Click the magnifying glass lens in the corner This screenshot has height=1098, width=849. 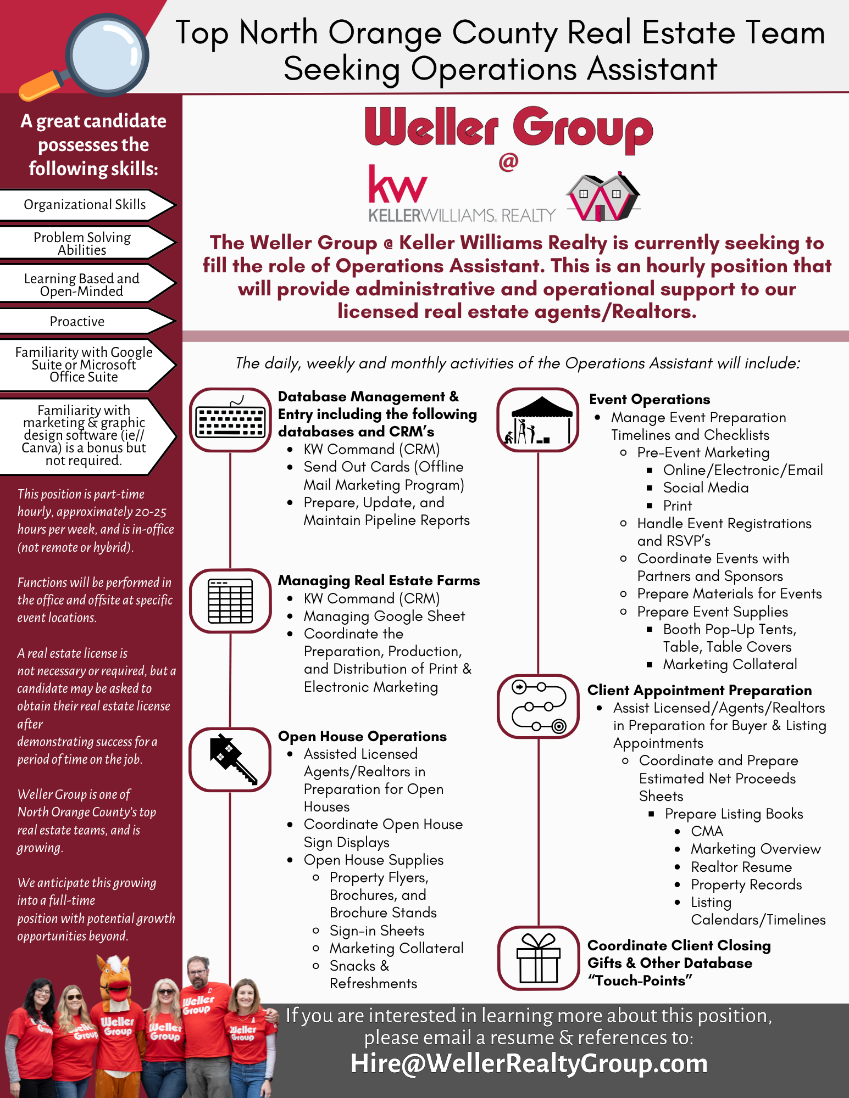[108, 55]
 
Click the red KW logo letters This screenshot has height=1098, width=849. [397, 184]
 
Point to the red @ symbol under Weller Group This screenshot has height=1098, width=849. [508, 161]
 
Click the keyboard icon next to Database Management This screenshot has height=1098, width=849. [230, 421]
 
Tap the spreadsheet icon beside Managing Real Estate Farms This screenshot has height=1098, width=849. [230, 601]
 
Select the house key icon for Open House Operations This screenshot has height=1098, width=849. [230, 760]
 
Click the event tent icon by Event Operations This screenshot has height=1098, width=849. [537, 421]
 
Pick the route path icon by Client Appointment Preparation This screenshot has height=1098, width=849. [537, 707]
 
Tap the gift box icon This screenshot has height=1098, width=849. [538, 958]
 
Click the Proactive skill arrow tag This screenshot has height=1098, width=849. [82, 321]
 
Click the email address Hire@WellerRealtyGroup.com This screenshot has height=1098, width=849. [529, 1063]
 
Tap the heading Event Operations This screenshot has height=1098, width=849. [649, 399]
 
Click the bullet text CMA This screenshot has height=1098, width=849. [707, 831]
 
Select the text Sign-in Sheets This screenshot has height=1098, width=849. [377, 931]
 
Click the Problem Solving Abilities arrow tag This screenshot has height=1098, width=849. [82, 243]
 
